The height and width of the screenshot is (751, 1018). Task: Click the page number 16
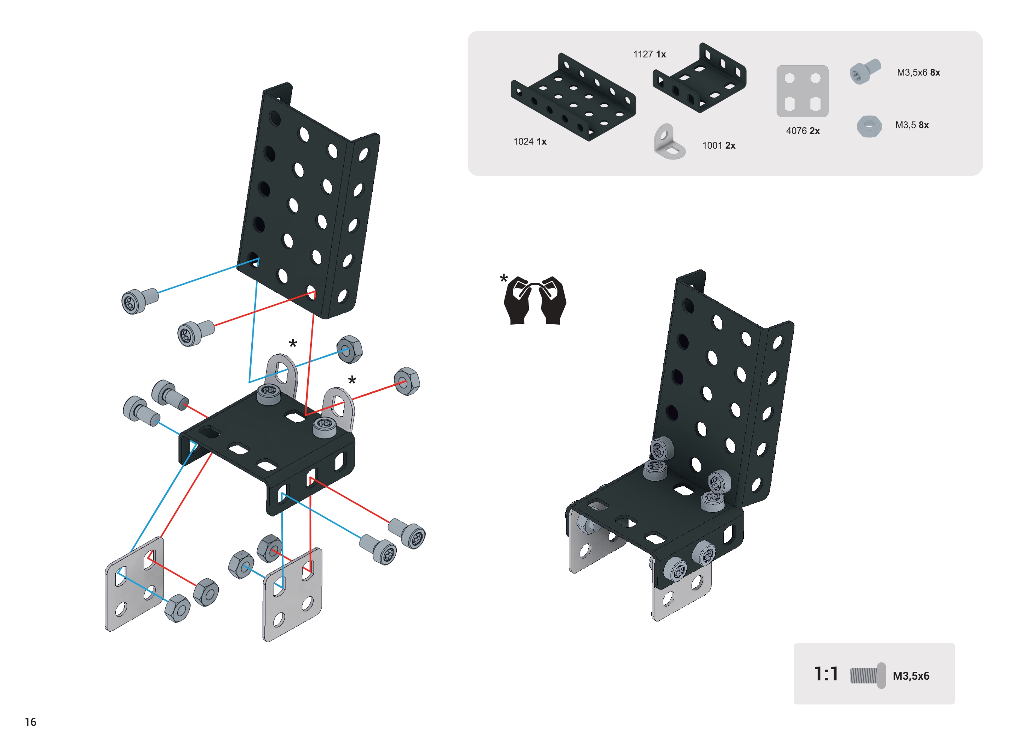(x=30, y=722)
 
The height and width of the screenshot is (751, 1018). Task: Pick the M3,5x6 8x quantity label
(x=918, y=73)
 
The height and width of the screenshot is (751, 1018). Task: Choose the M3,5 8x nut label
(x=912, y=125)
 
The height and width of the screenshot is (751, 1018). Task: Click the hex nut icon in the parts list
(x=869, y=126)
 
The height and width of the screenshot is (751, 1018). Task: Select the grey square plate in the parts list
(x=802, y=91)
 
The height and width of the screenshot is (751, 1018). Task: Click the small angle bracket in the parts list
(x=669, y=142)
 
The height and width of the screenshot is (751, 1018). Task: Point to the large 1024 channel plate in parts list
(x=573, y=97)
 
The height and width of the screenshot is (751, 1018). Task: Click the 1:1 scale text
(x=826, y=674)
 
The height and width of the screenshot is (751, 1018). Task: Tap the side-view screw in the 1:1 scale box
(x=868, y=676)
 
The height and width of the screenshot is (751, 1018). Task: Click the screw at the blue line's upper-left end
(x=138, y=301)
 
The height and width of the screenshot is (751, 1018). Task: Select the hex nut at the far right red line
(x=407, y=381)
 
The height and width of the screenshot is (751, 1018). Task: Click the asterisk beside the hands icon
(x=503, y=278)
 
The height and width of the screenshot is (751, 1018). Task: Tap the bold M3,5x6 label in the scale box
(x=911, y=676)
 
